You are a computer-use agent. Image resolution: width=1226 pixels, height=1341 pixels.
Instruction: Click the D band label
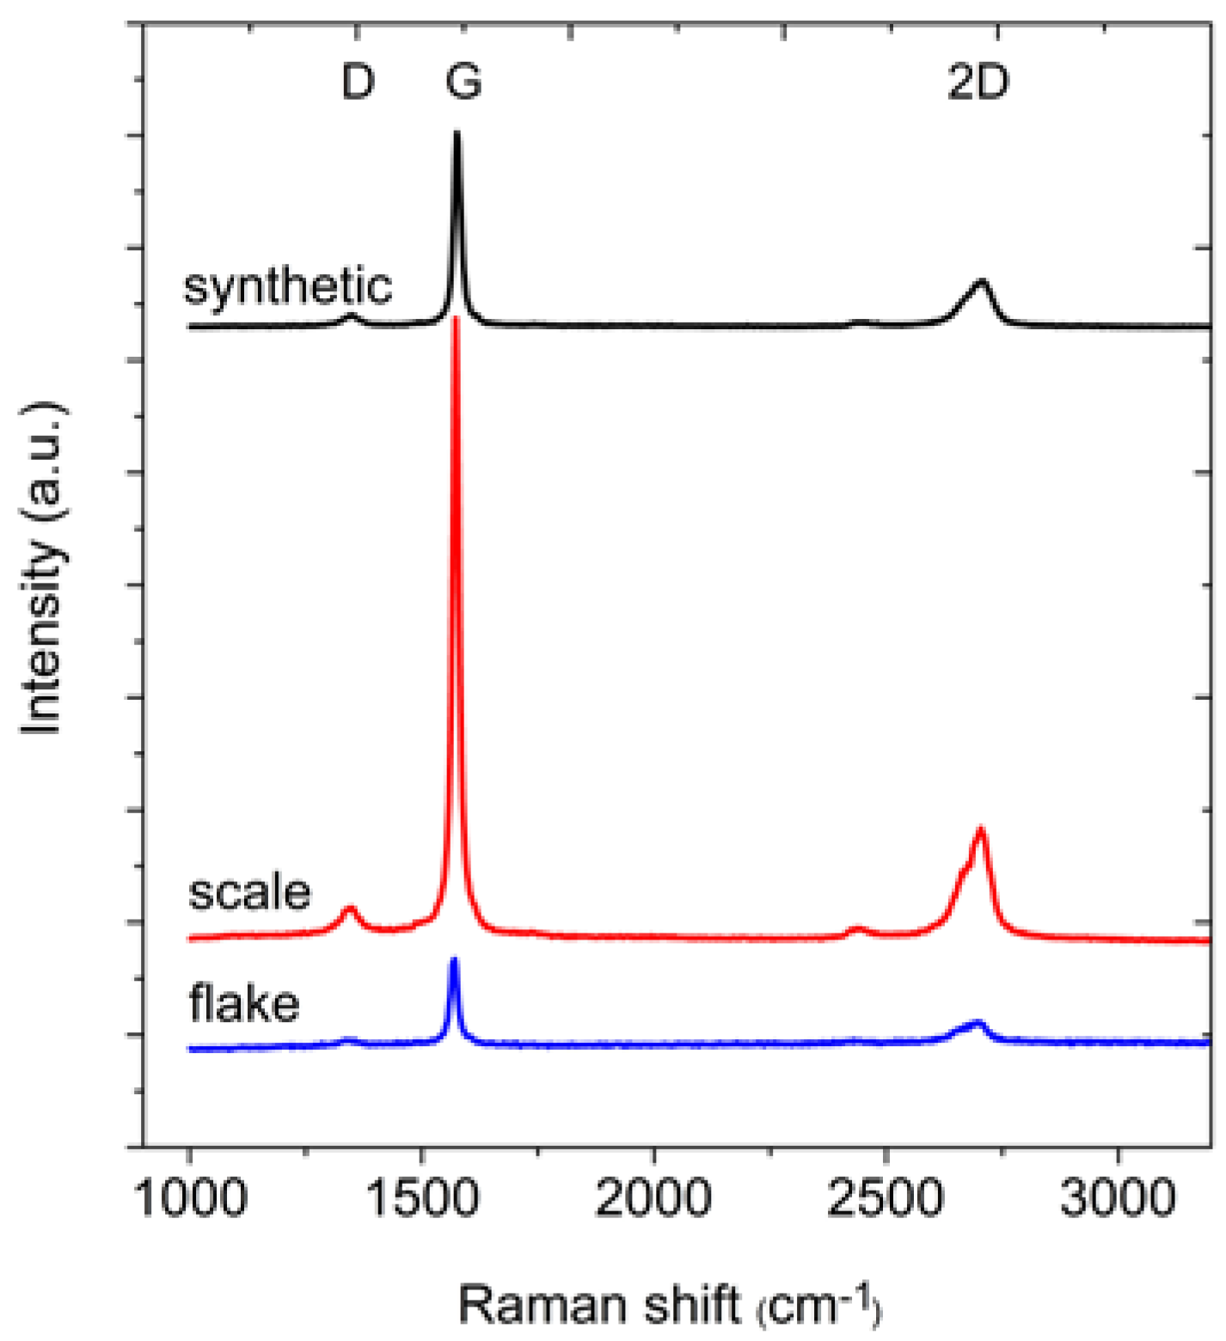[358, 83]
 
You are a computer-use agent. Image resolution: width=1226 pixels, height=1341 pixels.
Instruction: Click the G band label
[463, 83]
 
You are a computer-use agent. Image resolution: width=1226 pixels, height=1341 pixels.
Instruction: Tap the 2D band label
[978, 83]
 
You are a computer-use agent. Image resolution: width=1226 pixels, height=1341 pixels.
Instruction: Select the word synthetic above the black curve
[288, 286]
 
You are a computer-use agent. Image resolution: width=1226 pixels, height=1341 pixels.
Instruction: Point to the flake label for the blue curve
[244, 1003]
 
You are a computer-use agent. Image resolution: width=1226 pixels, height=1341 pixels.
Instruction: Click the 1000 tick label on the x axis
[190, 1197]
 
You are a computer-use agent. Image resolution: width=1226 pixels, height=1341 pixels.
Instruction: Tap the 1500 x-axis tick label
[421, 1197]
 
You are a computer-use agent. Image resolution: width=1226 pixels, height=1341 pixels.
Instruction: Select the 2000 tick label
[653, 1197]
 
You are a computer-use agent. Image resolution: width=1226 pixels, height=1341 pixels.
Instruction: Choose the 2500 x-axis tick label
[885, 1197]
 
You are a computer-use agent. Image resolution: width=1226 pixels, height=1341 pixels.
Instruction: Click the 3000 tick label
[1117, 1197]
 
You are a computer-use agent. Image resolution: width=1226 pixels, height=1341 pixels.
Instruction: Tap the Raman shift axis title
[669, 1305]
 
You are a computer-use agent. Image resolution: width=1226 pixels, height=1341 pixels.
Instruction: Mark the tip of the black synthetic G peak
[457, 133]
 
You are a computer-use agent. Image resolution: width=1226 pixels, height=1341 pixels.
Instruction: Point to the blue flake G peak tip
[454, 960]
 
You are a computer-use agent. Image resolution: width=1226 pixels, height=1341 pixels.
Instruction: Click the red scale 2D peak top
[980, 830]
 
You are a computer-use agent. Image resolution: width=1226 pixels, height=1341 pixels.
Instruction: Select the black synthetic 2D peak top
[981, 282]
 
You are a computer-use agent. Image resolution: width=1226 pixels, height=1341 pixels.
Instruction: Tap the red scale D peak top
[349, 909]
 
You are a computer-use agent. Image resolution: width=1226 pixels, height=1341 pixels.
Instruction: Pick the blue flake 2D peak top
[976, 1023]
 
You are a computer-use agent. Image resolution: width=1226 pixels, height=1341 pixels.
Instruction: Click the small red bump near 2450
[856, 928]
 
